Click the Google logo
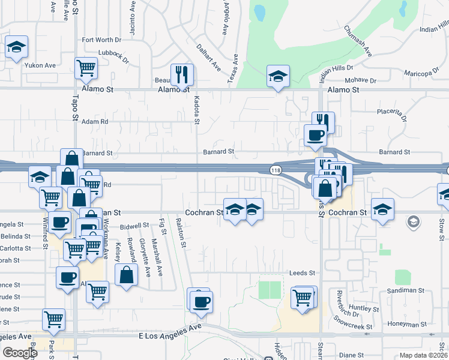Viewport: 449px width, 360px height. coord(19,353)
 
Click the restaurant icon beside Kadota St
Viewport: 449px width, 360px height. coord(182,75)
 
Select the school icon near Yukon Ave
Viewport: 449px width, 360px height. coord(16,47)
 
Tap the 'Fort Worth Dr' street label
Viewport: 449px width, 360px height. coord(101,40)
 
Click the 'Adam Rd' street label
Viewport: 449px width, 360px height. coord(95,121)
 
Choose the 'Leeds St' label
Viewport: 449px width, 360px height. coord(302,272)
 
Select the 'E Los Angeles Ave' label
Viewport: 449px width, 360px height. coord(170,332)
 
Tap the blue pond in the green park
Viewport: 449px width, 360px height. coord(259,12)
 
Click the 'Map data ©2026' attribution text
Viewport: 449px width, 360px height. coord(423,355)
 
